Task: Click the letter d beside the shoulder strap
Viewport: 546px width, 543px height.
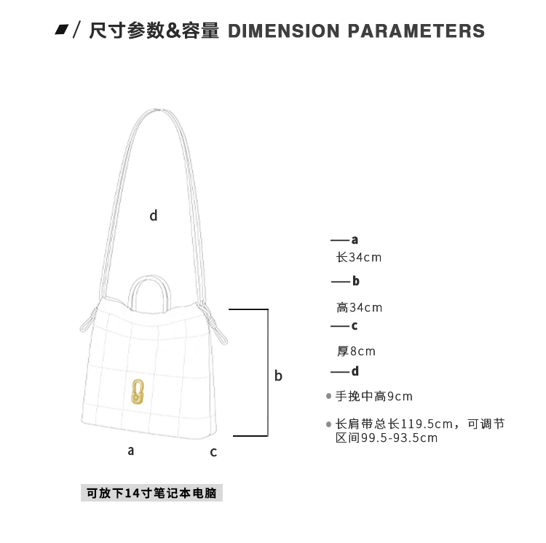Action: click(154, 215)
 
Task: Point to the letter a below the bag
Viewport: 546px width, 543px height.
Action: click(131, 450)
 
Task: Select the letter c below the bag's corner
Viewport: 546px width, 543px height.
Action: click(213, 452)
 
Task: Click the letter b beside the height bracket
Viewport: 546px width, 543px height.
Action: click(278, 376)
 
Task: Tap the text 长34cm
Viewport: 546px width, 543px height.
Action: click(358, 257)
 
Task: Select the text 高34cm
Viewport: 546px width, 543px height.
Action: click(359, 307)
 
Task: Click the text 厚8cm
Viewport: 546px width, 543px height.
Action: click(356, 351)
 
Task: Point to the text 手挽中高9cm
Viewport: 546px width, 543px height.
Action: click(373, 396)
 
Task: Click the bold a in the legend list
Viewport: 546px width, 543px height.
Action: click(355, 239)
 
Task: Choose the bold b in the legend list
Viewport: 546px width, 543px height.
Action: click(355, 281)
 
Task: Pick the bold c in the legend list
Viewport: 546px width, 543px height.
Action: click(355, 326)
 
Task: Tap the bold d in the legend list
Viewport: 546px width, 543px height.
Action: click(355, 371)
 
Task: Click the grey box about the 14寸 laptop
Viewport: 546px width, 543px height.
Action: click(151, 493)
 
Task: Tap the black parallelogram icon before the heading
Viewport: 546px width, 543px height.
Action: click(62, 30)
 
